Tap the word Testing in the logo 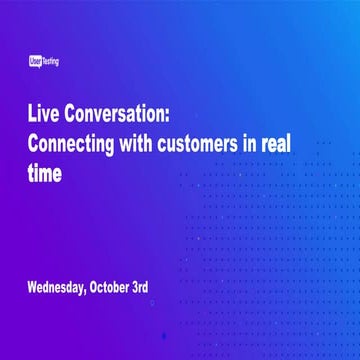point(50,62)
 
